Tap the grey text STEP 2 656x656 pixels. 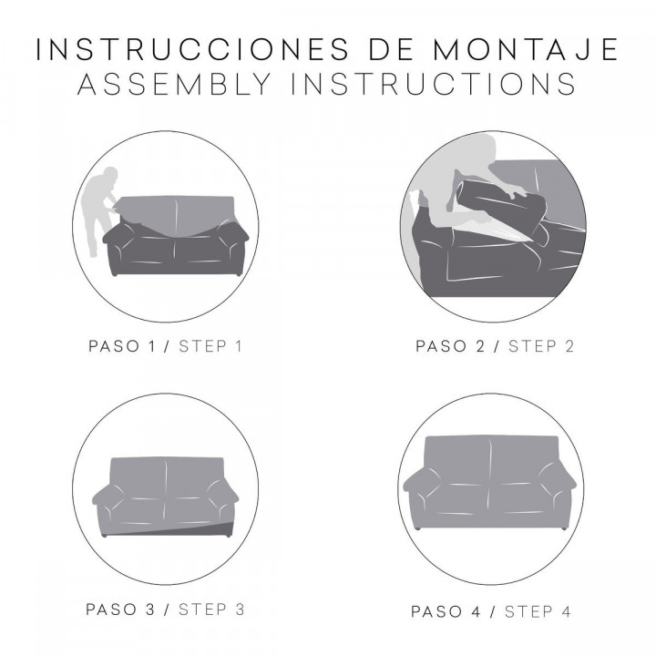(540, 346)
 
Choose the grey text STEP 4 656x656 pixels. (538, 610)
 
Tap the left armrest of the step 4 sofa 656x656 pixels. (421, 492)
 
